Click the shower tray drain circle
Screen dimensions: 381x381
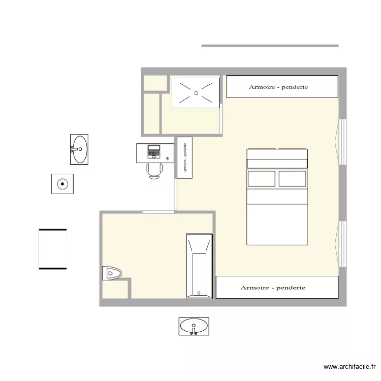point(196,93)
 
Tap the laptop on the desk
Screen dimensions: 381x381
point(154,151)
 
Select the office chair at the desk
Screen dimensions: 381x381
point(154,171)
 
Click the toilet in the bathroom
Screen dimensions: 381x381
point(112,273)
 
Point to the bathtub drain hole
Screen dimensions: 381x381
point(199,293)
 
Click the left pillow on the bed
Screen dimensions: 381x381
point(262,179)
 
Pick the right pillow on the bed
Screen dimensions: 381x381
point(292,179)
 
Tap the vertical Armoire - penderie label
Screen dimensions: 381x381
point(185,157)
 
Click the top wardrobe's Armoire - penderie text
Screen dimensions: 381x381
point(278,87)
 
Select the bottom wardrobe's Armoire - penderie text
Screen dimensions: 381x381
point(273,288)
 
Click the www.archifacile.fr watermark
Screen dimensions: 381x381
point(350,367)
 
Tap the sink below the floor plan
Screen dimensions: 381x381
point(194,326)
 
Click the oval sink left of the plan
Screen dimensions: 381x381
point(79,149)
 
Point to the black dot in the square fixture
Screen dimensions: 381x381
point(62,184)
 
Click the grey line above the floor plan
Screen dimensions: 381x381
point(270,46)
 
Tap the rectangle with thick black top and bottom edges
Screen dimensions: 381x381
point(53,249)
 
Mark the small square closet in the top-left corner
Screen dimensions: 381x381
point(155,83)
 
